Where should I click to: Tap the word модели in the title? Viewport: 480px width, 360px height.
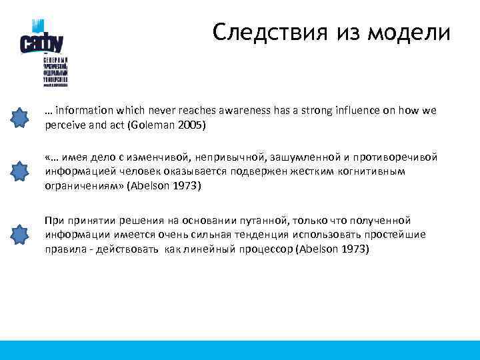[x=413, y=32]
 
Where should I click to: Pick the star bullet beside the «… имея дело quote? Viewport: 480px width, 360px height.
[x=21, y=171]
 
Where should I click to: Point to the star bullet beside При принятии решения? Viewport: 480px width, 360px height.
[x=21, y=235]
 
